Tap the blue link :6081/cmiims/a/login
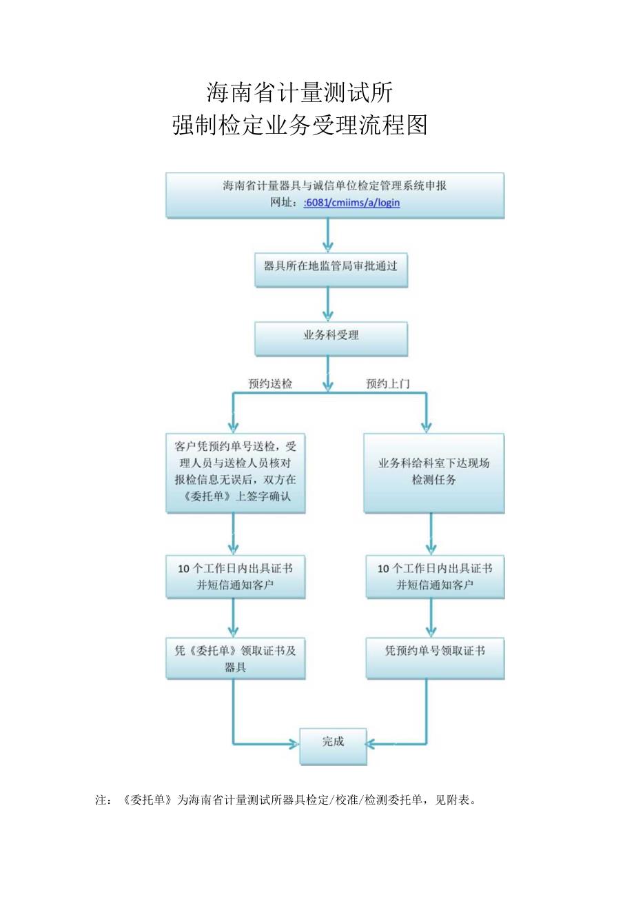[351, 203]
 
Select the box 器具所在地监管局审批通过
[331, 266]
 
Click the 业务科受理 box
[331, 336]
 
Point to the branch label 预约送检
[270, 384]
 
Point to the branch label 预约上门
[387, 384]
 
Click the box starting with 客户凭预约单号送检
[235, 472]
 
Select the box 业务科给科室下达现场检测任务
[433, 472]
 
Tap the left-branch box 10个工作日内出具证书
[235, 576]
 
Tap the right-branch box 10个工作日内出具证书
[434, 576]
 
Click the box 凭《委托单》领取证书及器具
[235, 658]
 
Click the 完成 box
[333, 743]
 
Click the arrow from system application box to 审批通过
[329, 236]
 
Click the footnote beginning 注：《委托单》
[285, 800]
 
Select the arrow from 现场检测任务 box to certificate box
[431, 534]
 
